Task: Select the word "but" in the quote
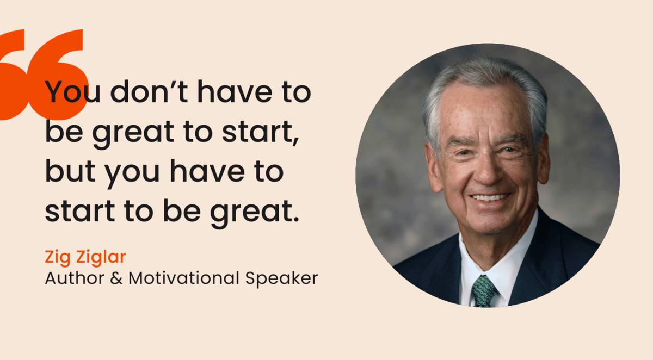(69, 172)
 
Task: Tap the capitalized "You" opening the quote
(73, 92)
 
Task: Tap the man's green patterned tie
(484, 290)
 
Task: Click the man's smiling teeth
(490, 197)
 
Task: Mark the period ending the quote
(295, 220)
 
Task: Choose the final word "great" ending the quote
(256, 213)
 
